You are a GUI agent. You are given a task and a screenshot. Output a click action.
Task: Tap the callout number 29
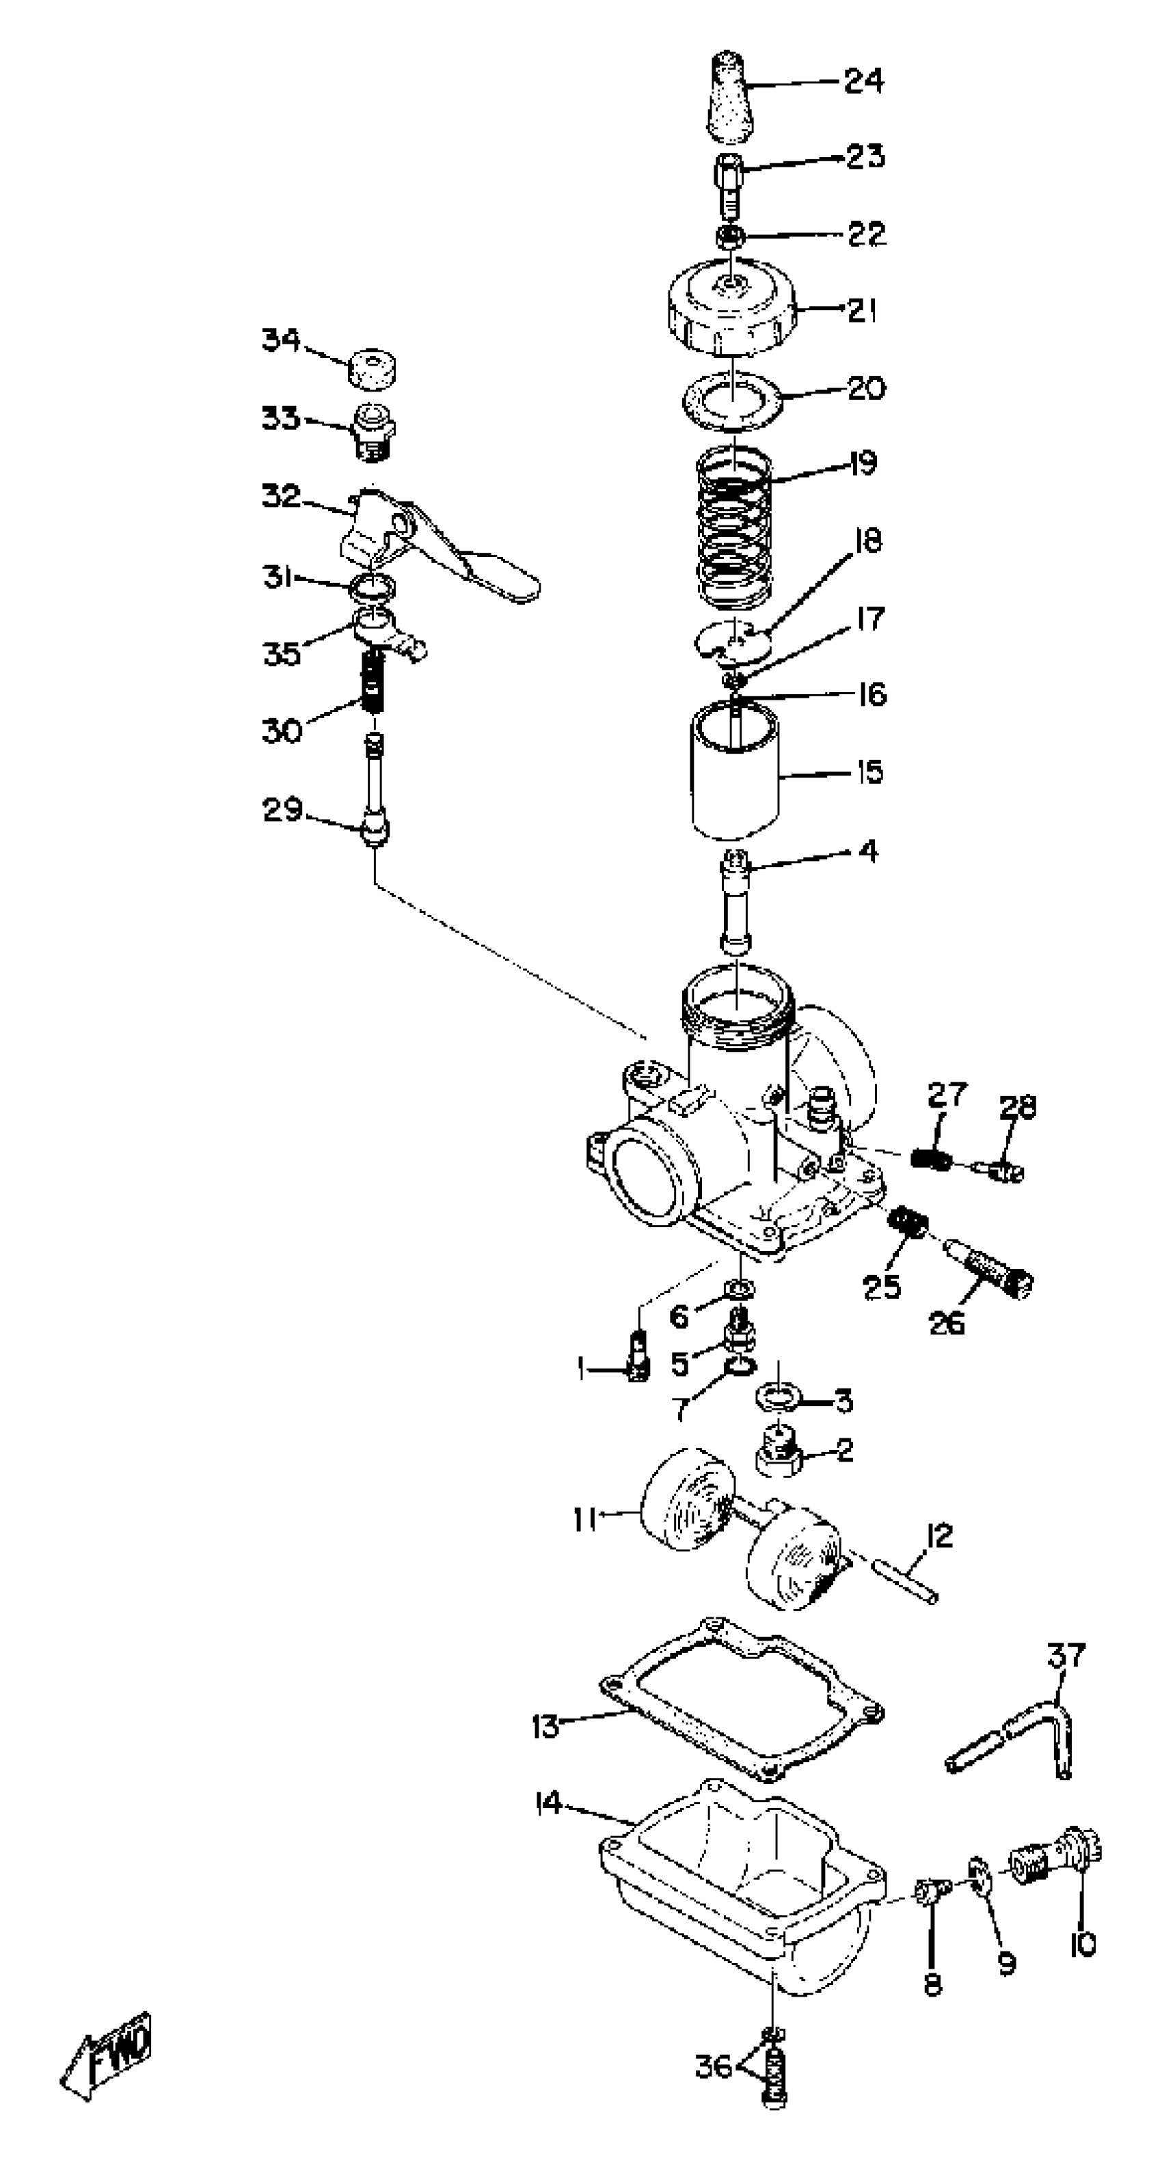(x=282, y=810)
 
